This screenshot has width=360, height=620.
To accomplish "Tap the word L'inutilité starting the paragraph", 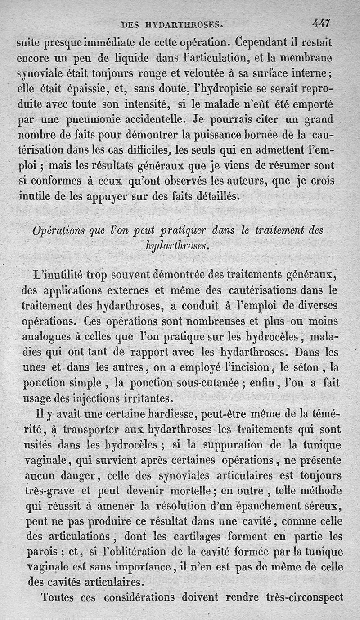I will coord(57,274).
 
